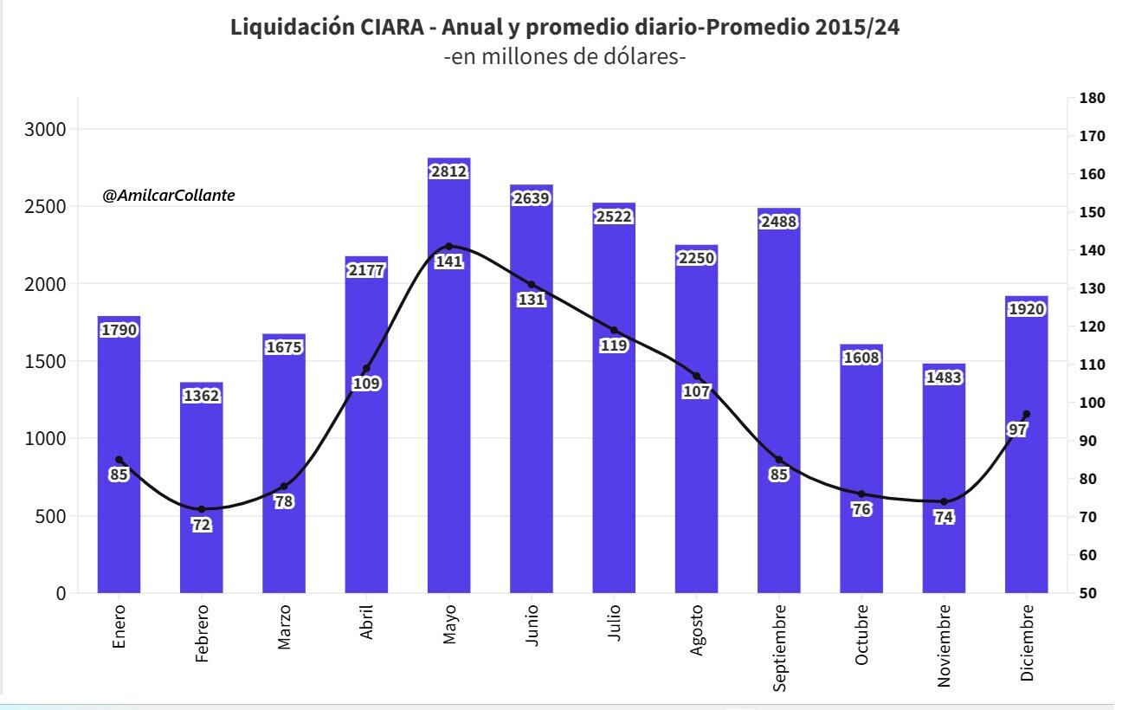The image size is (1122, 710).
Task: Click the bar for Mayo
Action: click(448, 390)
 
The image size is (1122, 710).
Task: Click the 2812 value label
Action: click(448, 171)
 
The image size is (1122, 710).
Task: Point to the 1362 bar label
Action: click(202, 397)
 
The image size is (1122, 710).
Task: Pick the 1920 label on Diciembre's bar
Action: click(1026, 309)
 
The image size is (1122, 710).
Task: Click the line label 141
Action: click(448, 261)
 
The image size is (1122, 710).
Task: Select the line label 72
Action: click(202, 525)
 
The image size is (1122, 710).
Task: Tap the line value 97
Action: click(1017, 429)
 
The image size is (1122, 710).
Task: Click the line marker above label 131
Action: click(532, 285)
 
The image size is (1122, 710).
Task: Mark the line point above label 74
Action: click(944, 501)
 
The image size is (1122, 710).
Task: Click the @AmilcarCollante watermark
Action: click(169, 197)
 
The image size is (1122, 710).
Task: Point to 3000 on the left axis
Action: click(44, 129)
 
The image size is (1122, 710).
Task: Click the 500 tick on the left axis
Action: click(49, 516)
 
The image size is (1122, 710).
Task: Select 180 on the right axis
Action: click(1093, 99)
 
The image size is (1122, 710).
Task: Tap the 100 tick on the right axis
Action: click(1093, 403)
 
